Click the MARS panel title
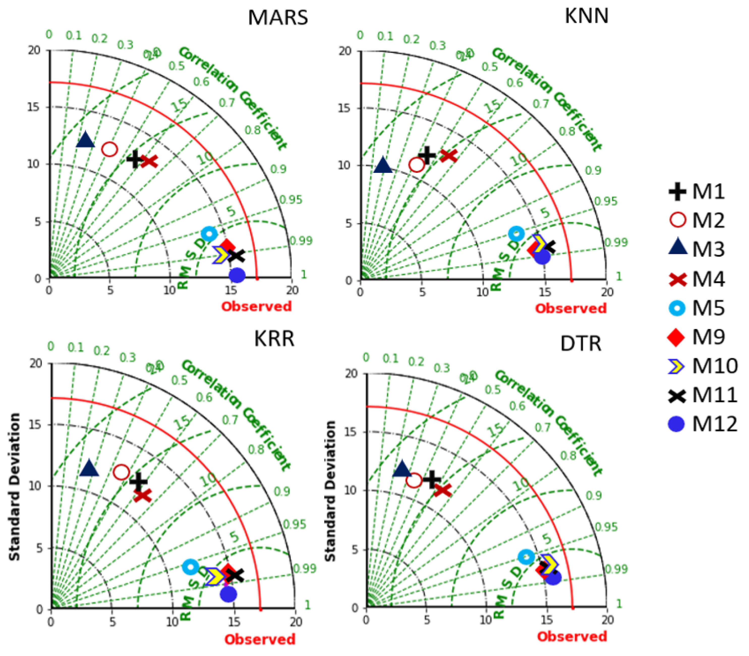pos(278,17)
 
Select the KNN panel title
pos(586,16)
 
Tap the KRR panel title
pos(274,339)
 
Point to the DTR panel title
pos(581,344)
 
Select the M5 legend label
pos(708,308)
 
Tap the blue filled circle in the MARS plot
pos(237,275)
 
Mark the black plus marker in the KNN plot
pos(427,155)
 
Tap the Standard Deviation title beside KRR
pos(14,487)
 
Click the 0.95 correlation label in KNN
pos(606,201)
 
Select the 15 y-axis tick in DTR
pos(351,432)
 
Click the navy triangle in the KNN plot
pos(383,165)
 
